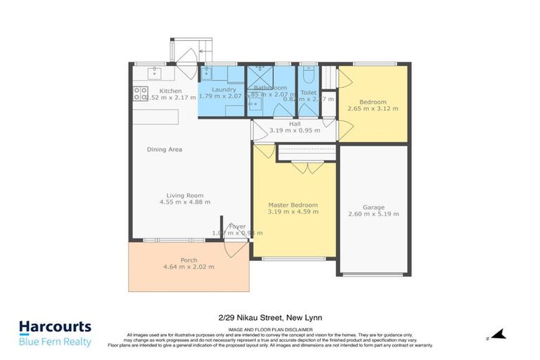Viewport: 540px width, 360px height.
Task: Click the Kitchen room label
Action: click(170, 91)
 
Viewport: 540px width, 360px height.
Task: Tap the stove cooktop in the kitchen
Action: click(140, 94)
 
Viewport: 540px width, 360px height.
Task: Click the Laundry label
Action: click(224, 89)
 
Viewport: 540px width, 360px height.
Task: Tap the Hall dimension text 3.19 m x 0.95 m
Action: click(295, 130)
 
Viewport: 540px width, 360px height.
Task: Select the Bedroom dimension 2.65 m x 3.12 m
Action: click(373, 108)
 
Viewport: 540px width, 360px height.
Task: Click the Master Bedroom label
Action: click(293, 205)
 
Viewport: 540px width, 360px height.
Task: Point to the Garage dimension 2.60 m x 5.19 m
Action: click(373, 214)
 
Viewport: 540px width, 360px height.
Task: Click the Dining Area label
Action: click(165, 149)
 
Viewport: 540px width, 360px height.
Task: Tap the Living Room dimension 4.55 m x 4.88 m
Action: click(185, 202)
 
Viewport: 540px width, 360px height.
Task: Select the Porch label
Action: click(188, 259)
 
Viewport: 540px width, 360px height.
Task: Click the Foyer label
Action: click(237, 226)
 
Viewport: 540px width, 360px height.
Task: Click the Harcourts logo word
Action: click(55, 327)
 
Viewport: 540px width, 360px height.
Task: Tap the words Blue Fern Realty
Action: click(55, 342)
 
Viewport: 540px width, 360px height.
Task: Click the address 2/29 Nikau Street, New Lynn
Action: click(269, 318)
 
